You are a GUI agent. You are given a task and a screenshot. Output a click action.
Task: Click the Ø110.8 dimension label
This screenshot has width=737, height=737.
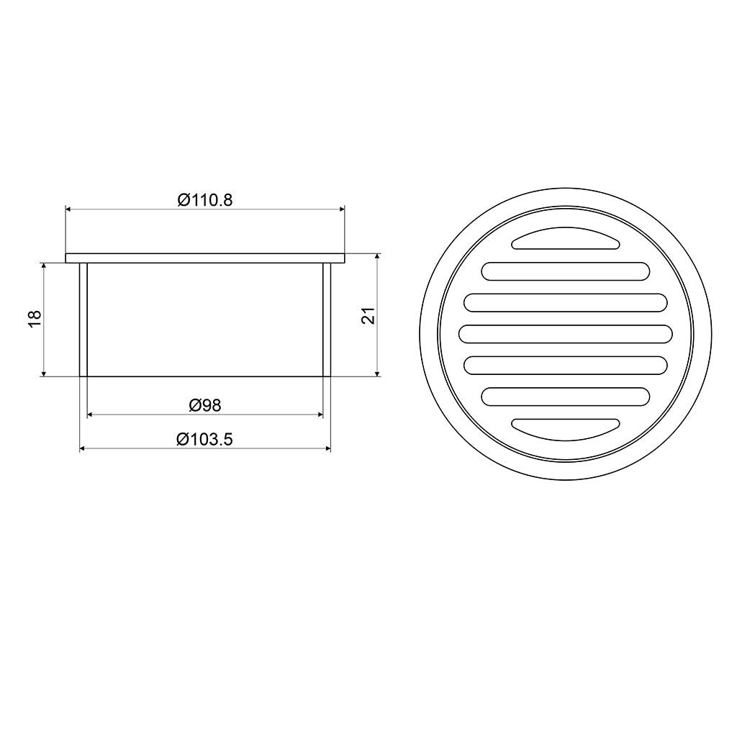point(205,200)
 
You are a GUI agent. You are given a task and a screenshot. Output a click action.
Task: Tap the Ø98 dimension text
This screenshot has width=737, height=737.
point(205,405)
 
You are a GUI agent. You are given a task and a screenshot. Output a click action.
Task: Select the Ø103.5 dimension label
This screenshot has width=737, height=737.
point(205,439)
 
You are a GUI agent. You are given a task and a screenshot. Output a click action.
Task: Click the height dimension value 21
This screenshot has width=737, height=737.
point(368,315)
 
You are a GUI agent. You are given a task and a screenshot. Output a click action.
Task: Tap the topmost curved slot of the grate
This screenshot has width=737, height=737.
point(565,240)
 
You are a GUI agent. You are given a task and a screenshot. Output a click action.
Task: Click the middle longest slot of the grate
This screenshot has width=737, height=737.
point(565,334)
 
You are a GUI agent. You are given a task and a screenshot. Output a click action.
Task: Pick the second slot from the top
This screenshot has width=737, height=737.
point(565,271)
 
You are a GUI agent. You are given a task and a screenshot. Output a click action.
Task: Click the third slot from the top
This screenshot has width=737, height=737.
point(565,303)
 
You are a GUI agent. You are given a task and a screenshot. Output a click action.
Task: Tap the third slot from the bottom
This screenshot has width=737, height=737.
point(565,365)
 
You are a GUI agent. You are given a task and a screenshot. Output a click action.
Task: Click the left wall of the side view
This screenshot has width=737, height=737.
point(83,319)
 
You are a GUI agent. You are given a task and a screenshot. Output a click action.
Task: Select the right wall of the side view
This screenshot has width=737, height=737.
point(327,319)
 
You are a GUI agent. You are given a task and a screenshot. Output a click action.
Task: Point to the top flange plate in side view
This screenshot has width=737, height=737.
point(205,258)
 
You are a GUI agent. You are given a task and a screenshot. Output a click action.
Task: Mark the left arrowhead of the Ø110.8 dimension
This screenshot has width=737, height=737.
point(69,209)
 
